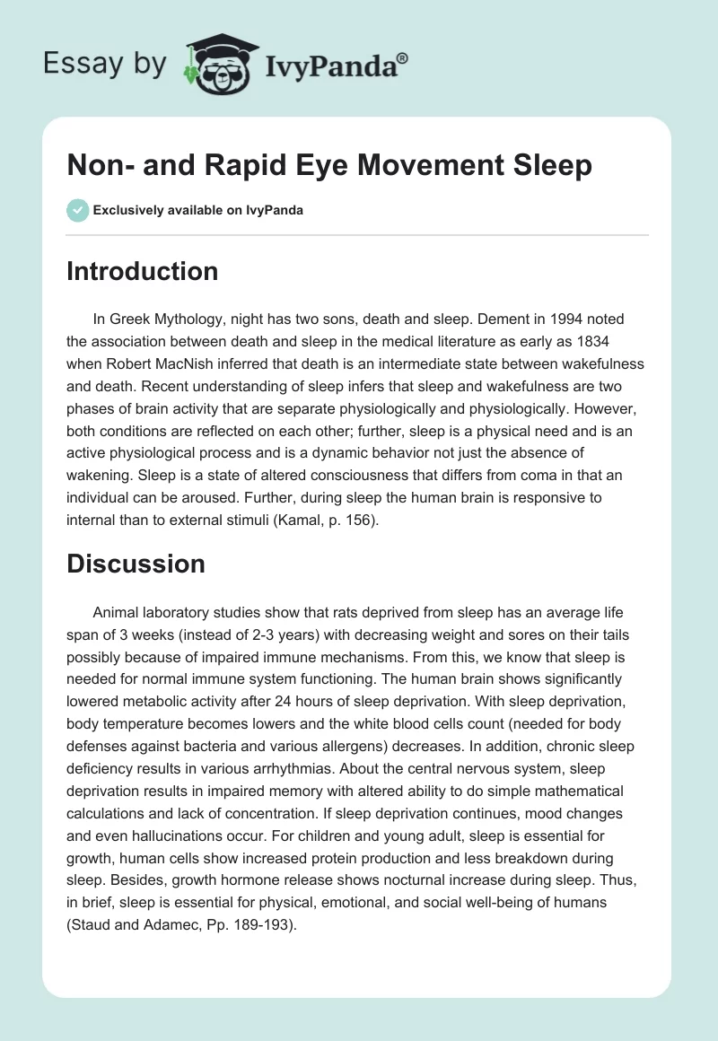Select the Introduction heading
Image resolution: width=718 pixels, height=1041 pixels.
(x=142, y=272)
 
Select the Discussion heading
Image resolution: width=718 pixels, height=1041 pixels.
(x=136, y=564)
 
